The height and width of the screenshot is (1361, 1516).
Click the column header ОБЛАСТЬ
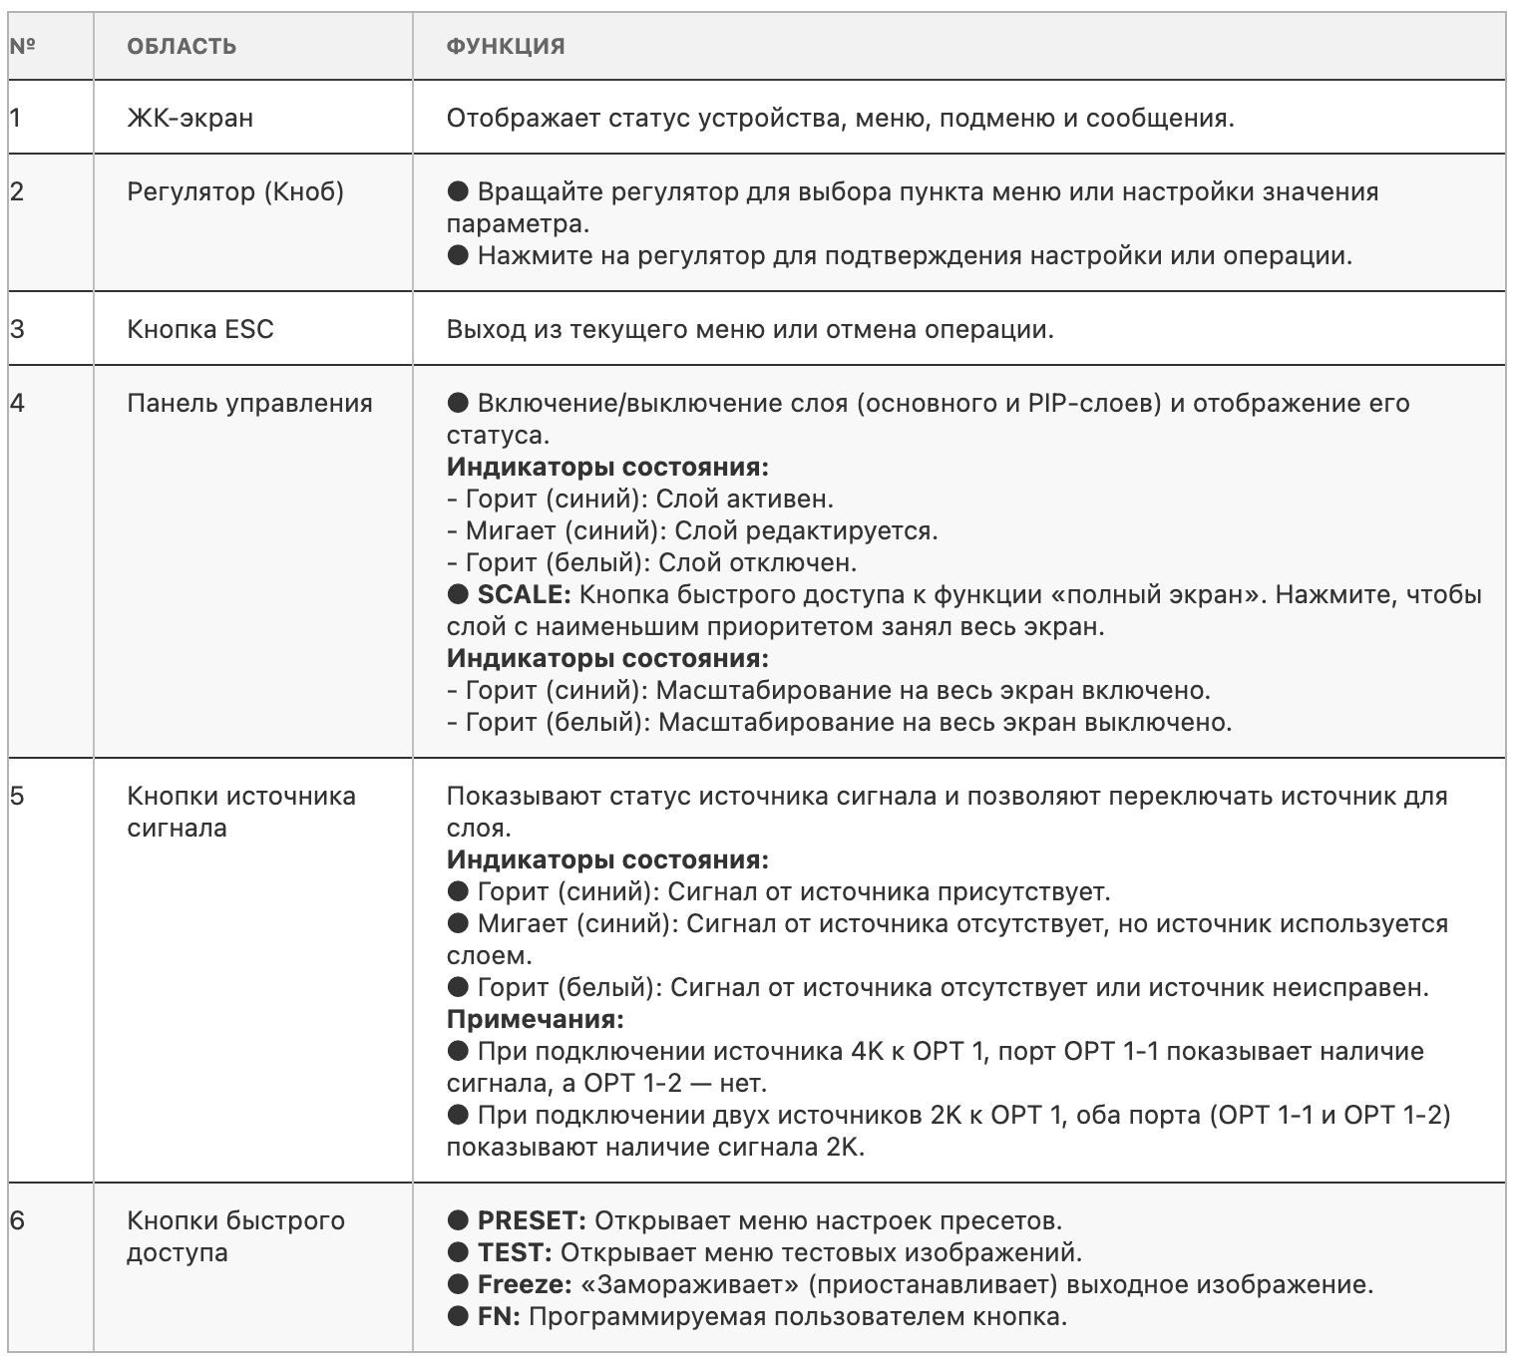182,46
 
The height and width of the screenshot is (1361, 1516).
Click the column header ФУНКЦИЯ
506,46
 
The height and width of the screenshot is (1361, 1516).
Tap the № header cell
22,46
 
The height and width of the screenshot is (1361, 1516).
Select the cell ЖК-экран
189,118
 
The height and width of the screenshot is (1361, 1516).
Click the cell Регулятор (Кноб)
235,191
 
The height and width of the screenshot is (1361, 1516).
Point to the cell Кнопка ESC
199,329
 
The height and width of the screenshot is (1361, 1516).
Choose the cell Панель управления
249,403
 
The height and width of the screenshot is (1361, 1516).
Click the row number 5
16,796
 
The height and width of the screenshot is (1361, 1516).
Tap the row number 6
16,1220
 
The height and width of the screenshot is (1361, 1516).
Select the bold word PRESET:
532,1220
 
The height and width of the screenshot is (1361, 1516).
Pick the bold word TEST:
514,1252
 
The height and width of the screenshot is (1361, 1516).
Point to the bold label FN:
499,1316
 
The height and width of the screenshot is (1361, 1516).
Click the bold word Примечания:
535,1019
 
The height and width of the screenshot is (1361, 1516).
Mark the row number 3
16,329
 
